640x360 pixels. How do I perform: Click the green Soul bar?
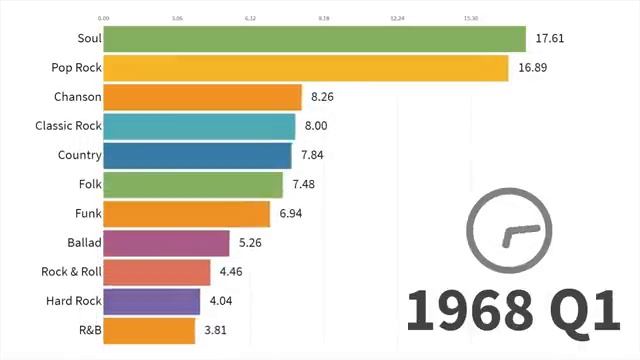pos(314,39)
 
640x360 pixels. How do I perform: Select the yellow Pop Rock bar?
pos(306,68)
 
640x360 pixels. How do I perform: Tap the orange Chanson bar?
pos(203,97)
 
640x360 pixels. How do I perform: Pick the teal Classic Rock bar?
pos(200,126)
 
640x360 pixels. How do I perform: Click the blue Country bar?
pos(198,155)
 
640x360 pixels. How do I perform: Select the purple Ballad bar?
pos(167,243)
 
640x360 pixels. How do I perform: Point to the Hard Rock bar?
pos(152,301)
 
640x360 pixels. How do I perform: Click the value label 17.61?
pos(551,39)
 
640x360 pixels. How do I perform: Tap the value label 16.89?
pos(534,68)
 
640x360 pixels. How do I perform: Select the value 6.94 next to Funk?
pos(295,214)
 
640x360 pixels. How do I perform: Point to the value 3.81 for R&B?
pos(220,330)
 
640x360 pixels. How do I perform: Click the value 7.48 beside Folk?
pos(308,185)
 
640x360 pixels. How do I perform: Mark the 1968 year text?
pos(468,311)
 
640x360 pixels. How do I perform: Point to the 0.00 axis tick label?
pos(104,18)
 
